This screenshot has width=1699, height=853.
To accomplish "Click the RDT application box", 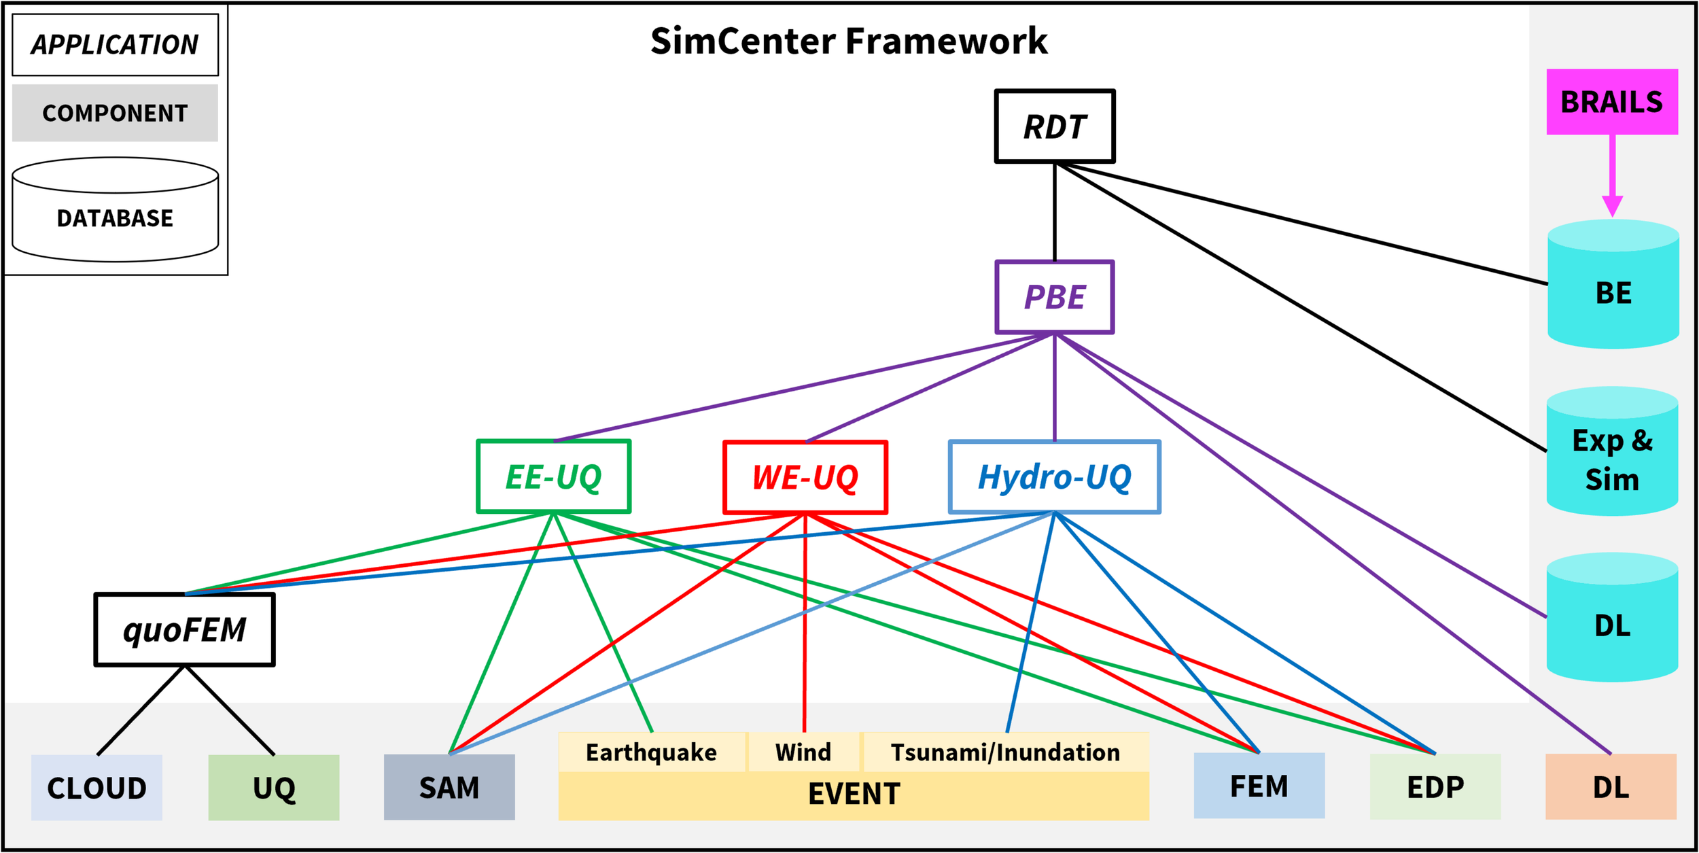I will (1054, 126).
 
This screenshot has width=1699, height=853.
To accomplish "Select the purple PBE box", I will (1054, 297).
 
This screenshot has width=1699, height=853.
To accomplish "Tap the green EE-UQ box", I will (553, 476).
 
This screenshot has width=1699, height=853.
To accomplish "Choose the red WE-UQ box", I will (805, 476).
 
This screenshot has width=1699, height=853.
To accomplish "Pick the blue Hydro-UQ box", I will (1054, 476).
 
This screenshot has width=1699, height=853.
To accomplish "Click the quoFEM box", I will (184, 629).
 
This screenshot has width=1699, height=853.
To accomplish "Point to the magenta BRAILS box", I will (1611, 102).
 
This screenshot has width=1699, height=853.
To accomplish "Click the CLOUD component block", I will (97, 788).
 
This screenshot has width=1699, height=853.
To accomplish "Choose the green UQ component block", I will (274, 788).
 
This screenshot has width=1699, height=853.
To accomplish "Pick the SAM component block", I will (449, 787).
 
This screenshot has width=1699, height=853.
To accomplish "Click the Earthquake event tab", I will (651, 752).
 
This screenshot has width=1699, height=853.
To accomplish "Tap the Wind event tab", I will (803, 752).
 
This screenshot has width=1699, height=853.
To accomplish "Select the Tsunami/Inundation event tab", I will (1005, 752).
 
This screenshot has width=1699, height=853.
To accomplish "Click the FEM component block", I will (1259, 786).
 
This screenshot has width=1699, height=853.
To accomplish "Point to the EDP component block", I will (1435, 786).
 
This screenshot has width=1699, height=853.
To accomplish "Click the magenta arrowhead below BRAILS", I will (1612, 205).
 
